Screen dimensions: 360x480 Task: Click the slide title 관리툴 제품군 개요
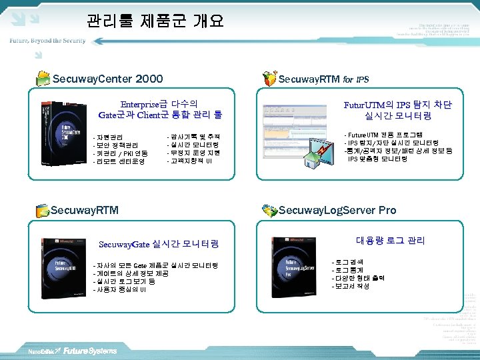coord(155,21)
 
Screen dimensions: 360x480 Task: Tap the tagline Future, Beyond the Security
coord(47,41)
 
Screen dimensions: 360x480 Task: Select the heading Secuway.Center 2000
coord(107,79)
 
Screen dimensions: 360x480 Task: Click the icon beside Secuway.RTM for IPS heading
coord(269,79)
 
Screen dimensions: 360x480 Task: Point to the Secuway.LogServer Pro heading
coord(337,210)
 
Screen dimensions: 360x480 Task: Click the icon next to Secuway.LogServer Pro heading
coord(269,211)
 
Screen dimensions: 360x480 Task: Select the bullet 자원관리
coord(110,137)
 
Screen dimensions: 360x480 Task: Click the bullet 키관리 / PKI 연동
coord(119,153)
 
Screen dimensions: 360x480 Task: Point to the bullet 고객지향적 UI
coord(190,161)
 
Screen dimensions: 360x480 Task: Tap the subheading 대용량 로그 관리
coord(390,241)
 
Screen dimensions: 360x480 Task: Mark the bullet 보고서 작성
coord(351,286)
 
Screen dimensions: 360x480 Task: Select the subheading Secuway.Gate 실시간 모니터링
coord(159,244)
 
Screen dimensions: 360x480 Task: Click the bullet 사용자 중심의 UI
coord(121,290)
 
